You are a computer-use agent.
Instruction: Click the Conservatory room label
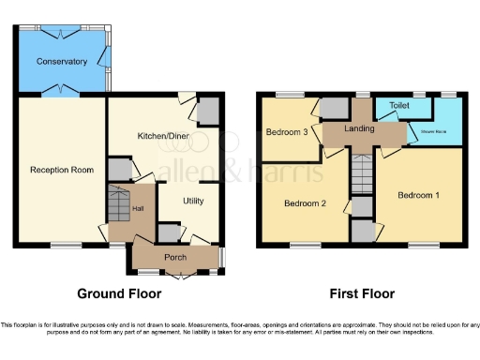pyautogui.click(x=62, y=62)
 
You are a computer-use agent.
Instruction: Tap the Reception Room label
pyautogui.click(x=62, y=170)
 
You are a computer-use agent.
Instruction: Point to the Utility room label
pyautogui.click(x=193, y=201)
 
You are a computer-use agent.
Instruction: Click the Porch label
pyautogui.click(x=175, y=257)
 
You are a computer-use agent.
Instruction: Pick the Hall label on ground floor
pyautogui.click(x=137, y=208)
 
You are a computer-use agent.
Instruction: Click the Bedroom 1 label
pyautogui.click(x=418, y=195)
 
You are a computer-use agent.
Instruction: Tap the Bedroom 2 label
pyautogui.click(x=305, y=203)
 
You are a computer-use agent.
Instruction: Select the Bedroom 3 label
pyautogui.click(x=287, y=132)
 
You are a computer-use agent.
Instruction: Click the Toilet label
pyautogui.click(x=400, y=107)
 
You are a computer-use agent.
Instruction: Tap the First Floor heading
pyautogui.click(x=361, y=293)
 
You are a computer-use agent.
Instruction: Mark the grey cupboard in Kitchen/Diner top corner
pyautogui.click(x=208, y=112)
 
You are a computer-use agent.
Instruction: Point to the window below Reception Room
pyautogui.click(x=66, y=246)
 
